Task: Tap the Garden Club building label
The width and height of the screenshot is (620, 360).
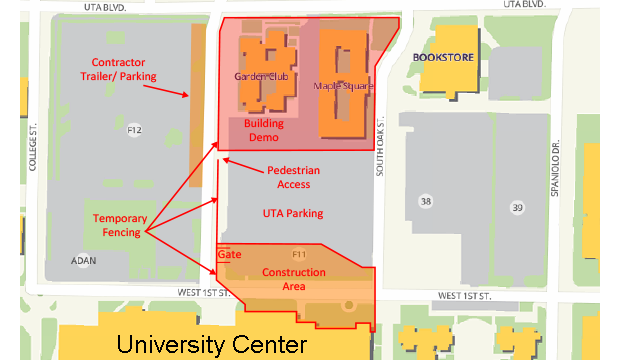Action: click(260, 76)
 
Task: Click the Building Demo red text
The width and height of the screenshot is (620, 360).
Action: click(264, 130)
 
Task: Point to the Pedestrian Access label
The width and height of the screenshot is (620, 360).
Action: click(293, 177)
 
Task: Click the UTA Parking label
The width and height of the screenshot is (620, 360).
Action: click(293, 213)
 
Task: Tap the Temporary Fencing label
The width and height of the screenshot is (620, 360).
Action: click(120, 226)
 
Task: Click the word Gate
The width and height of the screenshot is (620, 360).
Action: click(230, 254)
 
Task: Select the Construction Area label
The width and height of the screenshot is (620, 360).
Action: click(293, 279)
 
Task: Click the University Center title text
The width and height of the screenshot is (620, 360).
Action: click(210, 345)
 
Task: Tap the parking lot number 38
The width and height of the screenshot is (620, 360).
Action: click(426, 202)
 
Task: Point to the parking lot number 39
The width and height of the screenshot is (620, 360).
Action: click(517, 207)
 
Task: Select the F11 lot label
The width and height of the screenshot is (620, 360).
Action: click(298, 255)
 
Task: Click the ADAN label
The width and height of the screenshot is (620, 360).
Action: click(83, 260)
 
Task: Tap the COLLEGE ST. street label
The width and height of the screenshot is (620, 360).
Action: click(33, 147)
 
